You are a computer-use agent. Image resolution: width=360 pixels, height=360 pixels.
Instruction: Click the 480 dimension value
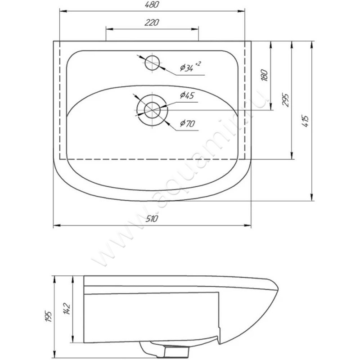152,4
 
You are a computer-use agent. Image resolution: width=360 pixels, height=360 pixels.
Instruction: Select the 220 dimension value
152,22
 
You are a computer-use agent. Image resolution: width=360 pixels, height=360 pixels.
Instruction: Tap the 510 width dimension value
152,219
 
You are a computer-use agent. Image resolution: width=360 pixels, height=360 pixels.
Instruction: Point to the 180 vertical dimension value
265,75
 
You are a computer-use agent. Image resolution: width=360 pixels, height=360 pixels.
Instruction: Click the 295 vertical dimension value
285,99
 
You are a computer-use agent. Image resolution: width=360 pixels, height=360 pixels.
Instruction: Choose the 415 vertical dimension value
306,121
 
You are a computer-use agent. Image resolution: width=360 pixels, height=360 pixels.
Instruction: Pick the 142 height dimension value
67,308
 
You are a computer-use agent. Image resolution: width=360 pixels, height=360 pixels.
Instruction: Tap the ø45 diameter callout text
187,95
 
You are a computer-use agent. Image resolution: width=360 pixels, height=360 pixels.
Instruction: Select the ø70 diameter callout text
187,123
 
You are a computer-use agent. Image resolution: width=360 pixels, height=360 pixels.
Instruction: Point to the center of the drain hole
152,110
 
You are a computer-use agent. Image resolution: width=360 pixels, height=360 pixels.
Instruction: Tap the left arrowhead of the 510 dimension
57,225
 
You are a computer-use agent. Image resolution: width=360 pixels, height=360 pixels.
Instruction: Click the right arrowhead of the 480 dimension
242,11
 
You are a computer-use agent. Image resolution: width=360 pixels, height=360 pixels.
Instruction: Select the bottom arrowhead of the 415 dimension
311,198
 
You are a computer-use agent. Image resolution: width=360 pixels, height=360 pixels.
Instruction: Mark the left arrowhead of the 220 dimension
109,29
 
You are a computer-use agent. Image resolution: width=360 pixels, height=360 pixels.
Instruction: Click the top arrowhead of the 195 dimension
54,279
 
